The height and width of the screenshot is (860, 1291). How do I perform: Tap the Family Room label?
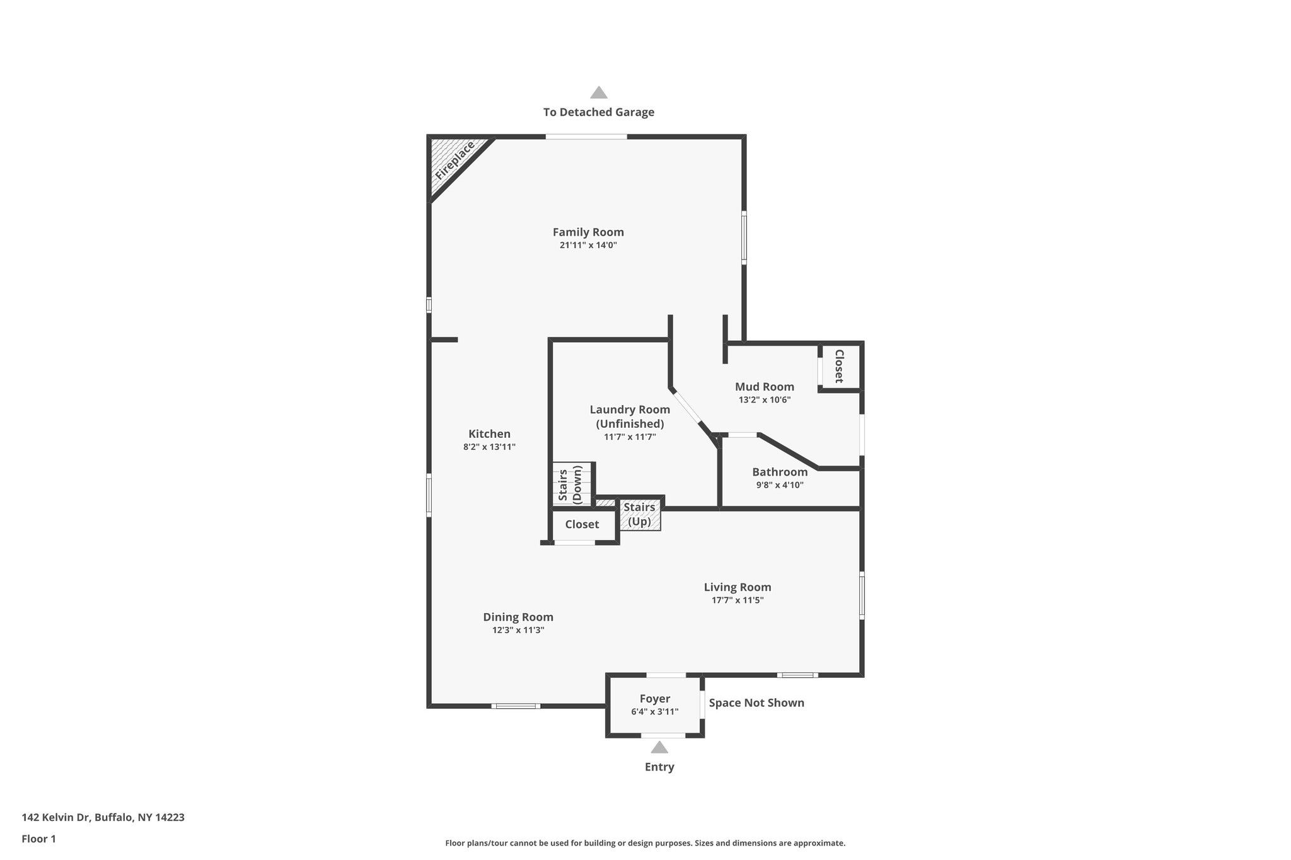(x=588, y=232)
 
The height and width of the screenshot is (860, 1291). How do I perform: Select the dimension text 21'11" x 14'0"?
(x=588, y=245)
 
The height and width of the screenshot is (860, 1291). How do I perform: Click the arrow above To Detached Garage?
(x=598, y=93)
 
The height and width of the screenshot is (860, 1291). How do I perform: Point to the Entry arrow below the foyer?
(x=659, y=748)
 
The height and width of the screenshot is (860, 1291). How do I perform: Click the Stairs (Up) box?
(x=640, y=515)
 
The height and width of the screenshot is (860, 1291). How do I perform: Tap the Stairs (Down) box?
(x=572, y=484)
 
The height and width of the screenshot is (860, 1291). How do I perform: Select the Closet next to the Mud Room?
(x=839, y=366)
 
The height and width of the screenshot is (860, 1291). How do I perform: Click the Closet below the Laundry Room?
(x=582, y=524)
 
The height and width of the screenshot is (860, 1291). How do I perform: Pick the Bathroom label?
(x=780, y=472)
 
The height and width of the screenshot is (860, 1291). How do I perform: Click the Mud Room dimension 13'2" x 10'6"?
(x=765, y=399)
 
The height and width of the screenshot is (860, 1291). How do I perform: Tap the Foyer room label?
(x=654, y=699)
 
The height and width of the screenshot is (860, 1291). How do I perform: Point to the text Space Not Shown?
(x=756, y=702)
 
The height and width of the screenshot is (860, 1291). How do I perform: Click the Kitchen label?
(x=489, y=434)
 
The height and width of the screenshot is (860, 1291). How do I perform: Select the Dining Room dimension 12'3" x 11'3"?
(x=518, y=630)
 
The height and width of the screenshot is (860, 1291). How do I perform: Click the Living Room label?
(x=738, y=587)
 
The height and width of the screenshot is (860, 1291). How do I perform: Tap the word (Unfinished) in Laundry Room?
(x=630, y=424)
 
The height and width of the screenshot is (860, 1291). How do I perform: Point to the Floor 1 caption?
(x=38, y=839)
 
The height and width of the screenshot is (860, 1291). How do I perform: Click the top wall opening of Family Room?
(x=586, y=137)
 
